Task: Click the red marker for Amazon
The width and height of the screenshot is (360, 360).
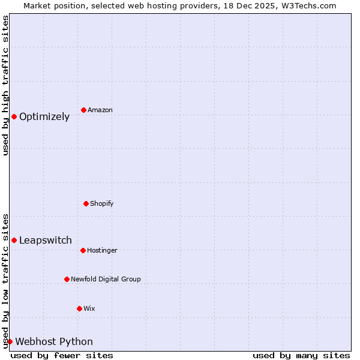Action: [83, 110]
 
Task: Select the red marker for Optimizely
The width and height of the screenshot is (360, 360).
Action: [14, 116]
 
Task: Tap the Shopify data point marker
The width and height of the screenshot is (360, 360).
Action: [86, 203]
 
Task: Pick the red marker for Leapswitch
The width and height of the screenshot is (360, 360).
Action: [14, 240]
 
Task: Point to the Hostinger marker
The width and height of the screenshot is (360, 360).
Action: [83, 250]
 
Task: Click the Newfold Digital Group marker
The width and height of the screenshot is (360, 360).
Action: [67, 279]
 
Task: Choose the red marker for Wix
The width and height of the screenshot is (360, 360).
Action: [79, 308]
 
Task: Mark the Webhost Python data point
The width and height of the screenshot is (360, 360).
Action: [10, 341]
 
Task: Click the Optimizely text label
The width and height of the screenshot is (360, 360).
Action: [44, 117]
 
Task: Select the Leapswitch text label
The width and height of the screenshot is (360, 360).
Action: [46, 241]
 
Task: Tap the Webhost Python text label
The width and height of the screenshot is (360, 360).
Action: [54, 342]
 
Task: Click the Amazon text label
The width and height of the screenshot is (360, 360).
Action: [100, 110]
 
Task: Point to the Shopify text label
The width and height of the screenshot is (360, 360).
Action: [102, 204]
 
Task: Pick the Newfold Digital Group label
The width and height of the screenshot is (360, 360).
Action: [106, 280]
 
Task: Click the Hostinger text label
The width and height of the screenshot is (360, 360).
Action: [102, 251]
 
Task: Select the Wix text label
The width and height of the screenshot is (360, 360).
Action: [89, 309]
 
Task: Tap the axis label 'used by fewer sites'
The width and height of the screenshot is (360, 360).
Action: [62, 355]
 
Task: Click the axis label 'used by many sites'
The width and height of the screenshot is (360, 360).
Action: [301, 355]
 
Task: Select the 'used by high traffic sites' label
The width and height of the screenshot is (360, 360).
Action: [5, 85]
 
